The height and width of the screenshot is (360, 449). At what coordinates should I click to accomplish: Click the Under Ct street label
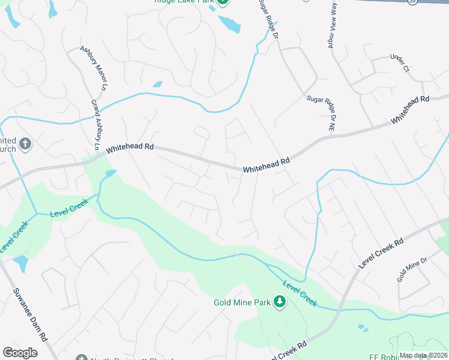(x=399, y=64)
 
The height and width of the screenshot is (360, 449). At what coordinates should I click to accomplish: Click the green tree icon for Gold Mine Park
(x=279, y=301)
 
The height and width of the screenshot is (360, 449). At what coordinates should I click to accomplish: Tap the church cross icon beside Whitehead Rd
(x=25, y=143)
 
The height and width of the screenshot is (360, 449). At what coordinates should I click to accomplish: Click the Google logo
(x=20, y=352)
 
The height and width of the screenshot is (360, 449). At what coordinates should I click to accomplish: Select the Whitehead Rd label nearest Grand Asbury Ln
(x=130, y=146)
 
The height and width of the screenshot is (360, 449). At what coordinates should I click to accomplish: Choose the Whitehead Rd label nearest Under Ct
(x=411, y=110)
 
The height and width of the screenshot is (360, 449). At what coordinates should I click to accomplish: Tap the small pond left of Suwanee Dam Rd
(x=20, y=263)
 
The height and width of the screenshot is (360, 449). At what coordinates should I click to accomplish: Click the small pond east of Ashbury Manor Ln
(x=157, y=85)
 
